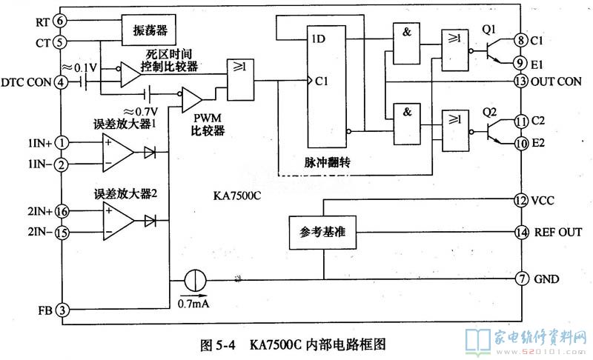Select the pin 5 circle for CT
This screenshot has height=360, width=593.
tap(60, 41)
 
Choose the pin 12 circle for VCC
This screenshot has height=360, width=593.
tap(520, 200)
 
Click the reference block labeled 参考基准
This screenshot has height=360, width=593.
tap(321, 233)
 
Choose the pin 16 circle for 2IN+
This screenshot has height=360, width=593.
tap(62, 211)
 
